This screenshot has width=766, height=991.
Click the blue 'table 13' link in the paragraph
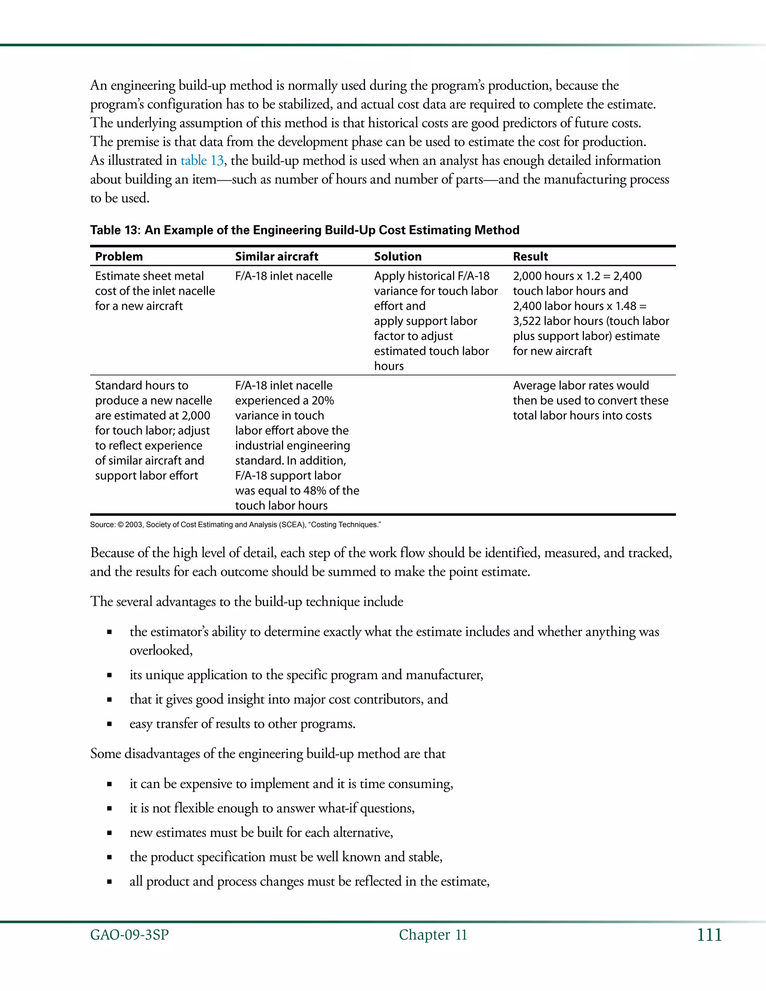coord(202,161)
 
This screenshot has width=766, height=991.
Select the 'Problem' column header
coord(119,257)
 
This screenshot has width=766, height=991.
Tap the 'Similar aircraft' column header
coord(276,257)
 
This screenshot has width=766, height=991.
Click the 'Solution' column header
coord(398,257)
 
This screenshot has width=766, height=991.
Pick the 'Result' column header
coord(530,257)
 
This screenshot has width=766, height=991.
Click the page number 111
coord(709,935)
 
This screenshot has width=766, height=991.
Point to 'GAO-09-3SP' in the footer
coord(129,935)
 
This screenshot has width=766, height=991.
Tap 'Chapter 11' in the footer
coord(432,935)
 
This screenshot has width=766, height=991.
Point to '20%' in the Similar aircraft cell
coord(323,401)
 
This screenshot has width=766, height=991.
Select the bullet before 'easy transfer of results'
coord(109,724)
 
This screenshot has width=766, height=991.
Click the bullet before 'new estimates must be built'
coord(109,833)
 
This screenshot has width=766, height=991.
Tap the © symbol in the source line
coord(120,525)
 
